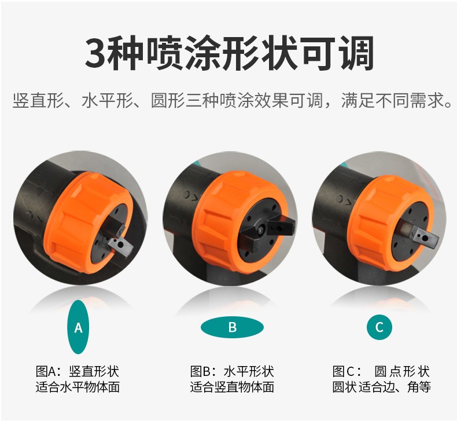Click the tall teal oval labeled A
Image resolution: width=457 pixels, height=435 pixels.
click(x=78, y=327)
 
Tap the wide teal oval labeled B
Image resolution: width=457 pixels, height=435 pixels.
click(x=232, y=327)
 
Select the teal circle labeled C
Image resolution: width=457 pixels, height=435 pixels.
click(x=379, y=327)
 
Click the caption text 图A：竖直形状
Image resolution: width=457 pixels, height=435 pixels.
click(x=78, y=372)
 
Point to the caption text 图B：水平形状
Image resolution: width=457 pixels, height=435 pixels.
click(x=232, y=372)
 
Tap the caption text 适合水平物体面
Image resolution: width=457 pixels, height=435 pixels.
click(x=78, y=387)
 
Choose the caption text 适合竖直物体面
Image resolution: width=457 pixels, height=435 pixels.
click(x=232, y=387)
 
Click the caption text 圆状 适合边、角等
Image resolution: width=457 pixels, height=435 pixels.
click(x=382, y=387)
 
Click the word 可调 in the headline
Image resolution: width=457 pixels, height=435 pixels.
click(x=337, y=54)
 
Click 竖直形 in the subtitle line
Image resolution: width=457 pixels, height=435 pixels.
click(x=38, y=101)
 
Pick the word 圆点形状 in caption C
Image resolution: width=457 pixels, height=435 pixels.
click(x=402, y=372)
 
